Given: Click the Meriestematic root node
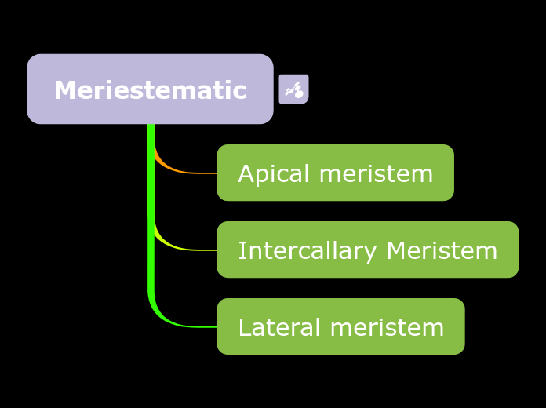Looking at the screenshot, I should [x=150, y=89].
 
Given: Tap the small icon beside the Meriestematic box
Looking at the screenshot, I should [x=293, y=89].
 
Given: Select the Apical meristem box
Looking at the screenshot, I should [x=335, y=173].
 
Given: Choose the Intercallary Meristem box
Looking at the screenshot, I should [x=367, y=250].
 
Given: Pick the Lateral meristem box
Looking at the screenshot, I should [x=340, y=326].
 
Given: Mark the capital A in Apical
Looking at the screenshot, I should [x=245, y=173].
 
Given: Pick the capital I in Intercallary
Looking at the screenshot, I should [x=241, y=250].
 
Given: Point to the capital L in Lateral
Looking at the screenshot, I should [x=244, y=327].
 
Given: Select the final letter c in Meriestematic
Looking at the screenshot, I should [x=241, y=91].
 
